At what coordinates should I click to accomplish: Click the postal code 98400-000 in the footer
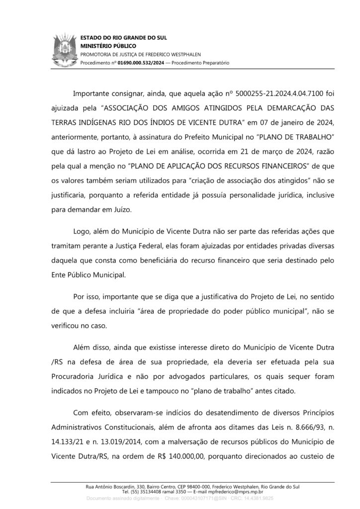click(x=183, y=486)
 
